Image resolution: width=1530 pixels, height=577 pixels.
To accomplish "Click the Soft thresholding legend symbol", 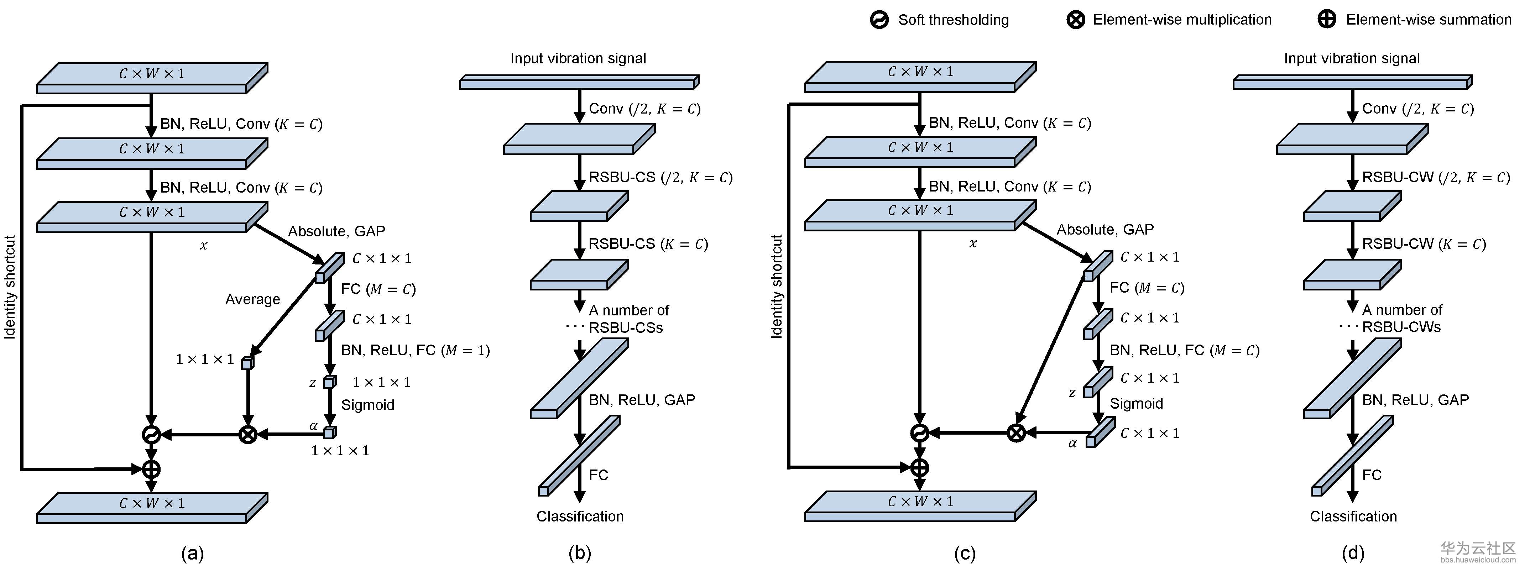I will pyautogui.click(x=879, y=20).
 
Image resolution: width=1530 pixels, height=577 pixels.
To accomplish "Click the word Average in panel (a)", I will pyautogui.click(x=252, y=299).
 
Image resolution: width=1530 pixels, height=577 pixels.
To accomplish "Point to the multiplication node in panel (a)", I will pyautogui.click(x=248, y=435).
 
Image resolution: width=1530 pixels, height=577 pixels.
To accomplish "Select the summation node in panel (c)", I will pyautogui.click(x=919, y=468).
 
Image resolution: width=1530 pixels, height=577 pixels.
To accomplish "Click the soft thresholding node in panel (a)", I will pyautogui.click(x=151, y=435).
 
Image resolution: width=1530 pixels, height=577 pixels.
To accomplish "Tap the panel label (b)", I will pyautogui.click(x=580, y=553).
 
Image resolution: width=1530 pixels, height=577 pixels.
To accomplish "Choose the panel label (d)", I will pyautogui.click(x=1353, y=553).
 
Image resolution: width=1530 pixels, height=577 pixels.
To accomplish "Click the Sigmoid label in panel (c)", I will pyautogui.click(x=1136, y=404).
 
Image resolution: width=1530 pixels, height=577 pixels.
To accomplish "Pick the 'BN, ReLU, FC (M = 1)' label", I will pyautogui.click(x=415, y=350).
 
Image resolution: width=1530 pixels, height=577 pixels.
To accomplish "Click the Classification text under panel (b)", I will pyautogui.click(x=580, y=516).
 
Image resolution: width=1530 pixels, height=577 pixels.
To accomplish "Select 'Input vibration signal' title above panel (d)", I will pyautogui.click(x=1352, y=58).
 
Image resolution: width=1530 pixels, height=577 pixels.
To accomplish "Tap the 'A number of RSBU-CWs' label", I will pyautogui.click(x=1402, y=318).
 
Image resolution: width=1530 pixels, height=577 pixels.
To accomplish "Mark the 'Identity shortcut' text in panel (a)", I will pyautogui.click(x=10, y=287).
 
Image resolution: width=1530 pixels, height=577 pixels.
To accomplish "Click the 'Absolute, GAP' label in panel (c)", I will pyautogui.click(x=1105, y=229).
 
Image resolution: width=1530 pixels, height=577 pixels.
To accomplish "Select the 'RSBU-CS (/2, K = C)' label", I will pyautogui.click(x=660, y=178).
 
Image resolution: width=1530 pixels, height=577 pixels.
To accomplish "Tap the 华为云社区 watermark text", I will pyautogui.click(x=1478, y=548).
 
